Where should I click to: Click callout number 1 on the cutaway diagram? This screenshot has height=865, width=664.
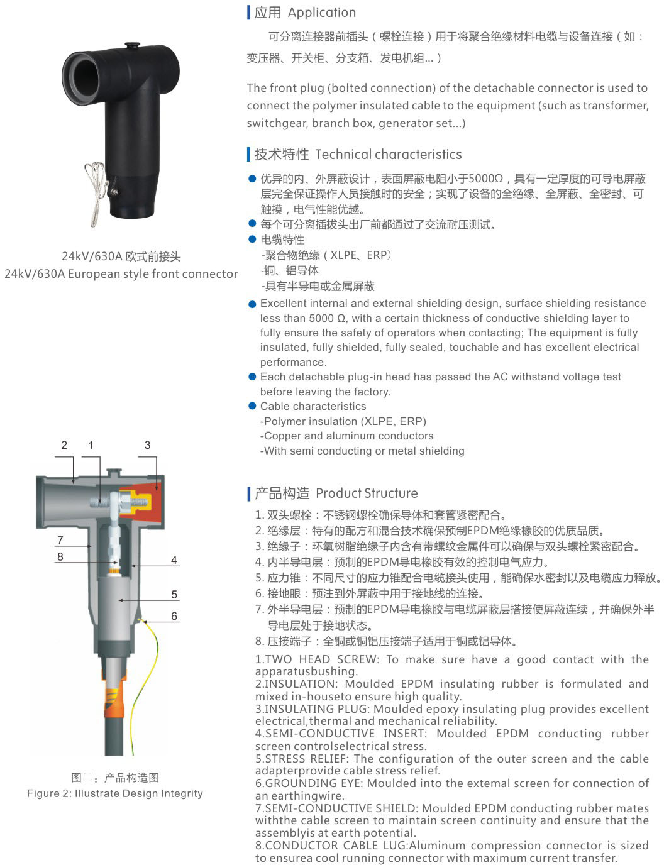[x=91, y=444]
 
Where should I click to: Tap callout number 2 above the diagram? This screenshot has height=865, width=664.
[x=64, y=444]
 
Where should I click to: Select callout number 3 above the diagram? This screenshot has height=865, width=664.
[x=147, y=444]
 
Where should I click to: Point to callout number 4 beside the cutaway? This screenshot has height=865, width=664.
[x=174, y=559]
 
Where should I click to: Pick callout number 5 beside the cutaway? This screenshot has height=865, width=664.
[x=174, y=594]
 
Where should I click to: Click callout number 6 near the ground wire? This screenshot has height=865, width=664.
[x=174, y=616]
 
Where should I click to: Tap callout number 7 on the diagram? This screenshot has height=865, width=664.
[x=60, y=540]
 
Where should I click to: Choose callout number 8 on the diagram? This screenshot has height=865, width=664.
[x=60, y=556]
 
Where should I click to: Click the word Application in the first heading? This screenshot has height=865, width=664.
[x=322, y=13]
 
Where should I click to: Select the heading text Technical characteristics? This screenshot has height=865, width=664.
[x=389, y=154]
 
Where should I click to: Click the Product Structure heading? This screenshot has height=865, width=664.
[x=367, y=493]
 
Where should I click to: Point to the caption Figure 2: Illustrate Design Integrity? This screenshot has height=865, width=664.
[x=114, y=793]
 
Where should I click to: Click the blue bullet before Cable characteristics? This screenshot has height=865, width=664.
[x=252, y=405]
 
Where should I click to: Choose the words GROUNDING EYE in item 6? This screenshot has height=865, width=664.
[x=314, y=783]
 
